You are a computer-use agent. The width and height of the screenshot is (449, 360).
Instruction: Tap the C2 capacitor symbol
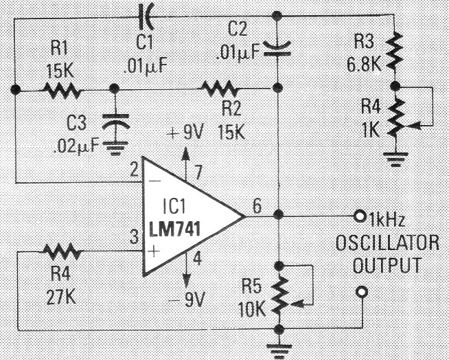tap(277, 47)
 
